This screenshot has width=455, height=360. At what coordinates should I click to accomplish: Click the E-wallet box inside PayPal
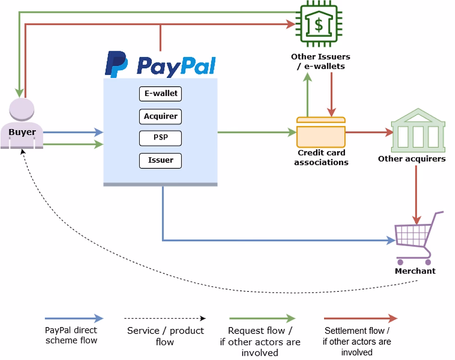coord(160,94)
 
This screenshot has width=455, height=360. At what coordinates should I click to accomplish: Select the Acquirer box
coord(160,116)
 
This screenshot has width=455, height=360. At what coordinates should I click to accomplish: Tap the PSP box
coord(160,138)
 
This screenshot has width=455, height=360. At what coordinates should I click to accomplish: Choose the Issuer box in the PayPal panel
coord(160,161)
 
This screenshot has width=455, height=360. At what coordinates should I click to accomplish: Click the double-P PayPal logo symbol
coord(117,64)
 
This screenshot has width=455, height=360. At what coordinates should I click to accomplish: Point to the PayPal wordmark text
coord(176,66)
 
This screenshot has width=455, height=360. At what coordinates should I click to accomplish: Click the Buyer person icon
coord(22,123)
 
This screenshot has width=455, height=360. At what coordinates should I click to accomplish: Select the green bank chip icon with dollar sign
coord(318,25)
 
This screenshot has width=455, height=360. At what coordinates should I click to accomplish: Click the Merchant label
coord(415,271)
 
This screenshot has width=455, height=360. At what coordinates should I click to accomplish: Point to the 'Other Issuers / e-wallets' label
coord(320,61)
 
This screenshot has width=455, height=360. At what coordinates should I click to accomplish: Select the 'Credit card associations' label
coord(321,158)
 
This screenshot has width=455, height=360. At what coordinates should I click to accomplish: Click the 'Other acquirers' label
coord(411,159)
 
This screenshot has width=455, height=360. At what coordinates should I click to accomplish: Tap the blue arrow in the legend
coord(74,318)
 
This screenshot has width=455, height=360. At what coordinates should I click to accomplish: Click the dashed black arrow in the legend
coord(165,318)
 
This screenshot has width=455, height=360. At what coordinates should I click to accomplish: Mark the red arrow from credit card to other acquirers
coord(369,133)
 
